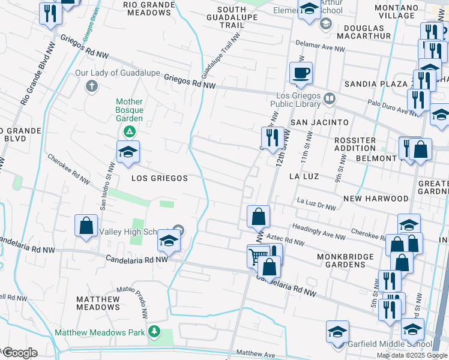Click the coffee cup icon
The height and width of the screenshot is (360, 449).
click(301, 73)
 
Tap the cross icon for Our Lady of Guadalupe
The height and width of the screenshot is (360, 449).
click(92, 86)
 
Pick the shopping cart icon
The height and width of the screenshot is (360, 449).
click(258, 256)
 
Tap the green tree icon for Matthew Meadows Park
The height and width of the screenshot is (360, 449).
click(154, 331)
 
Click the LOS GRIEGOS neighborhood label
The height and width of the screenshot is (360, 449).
click(160, 178)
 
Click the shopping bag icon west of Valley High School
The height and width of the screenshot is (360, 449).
click(86, 226)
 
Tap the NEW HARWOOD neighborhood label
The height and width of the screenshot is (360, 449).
click(376, 198)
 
